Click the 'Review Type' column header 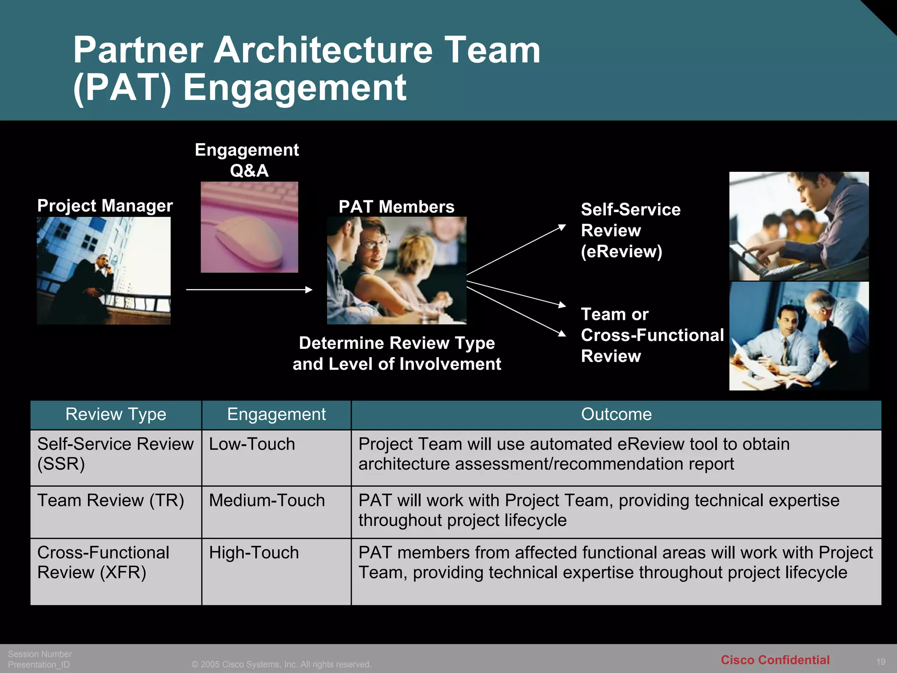pyautogui.click(x=116, y=414)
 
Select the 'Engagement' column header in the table pyautogui.click(x=276, y=414)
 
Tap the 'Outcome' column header pyautogui.click(x=616, y=414)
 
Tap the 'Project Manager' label pyautogui.click(x=105, y=206)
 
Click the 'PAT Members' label pyautogui.click(x=396, y=207)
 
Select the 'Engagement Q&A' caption pyautogui.click(x=247, y=160)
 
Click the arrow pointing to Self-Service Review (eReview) pyautogui.click(x=517, y=250)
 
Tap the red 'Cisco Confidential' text pyautogui.click(x=775, y=660)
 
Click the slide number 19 pyautogui.click(x=881, y=662)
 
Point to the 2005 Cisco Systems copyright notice pyautogui.click(x=281, y=664)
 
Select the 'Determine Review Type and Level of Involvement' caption pyautogui.click(x=397, y=354)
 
